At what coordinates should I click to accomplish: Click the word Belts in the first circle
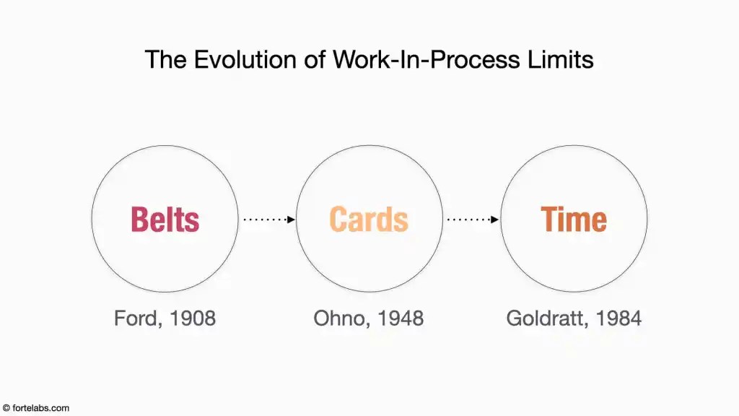(x=165, y=220)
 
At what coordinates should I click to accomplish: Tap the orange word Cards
(x=369, y=220)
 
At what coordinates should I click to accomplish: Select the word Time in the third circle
(x=574, y=220)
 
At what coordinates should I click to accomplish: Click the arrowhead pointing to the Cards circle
(x=291, y=220)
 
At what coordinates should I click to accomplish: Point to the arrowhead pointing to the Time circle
(x=494, y=220)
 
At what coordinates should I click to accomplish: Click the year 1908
(x=192, y=318)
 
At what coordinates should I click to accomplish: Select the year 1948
(x=401, y=318)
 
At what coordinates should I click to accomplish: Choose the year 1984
(x=618, y=318)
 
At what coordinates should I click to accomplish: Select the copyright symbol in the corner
(x=6, y=408)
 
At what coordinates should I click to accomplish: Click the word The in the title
(x=165, y=59)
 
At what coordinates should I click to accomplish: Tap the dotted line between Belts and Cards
(x=266, y=220)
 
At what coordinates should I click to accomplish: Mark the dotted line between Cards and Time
(x=469, y=220)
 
